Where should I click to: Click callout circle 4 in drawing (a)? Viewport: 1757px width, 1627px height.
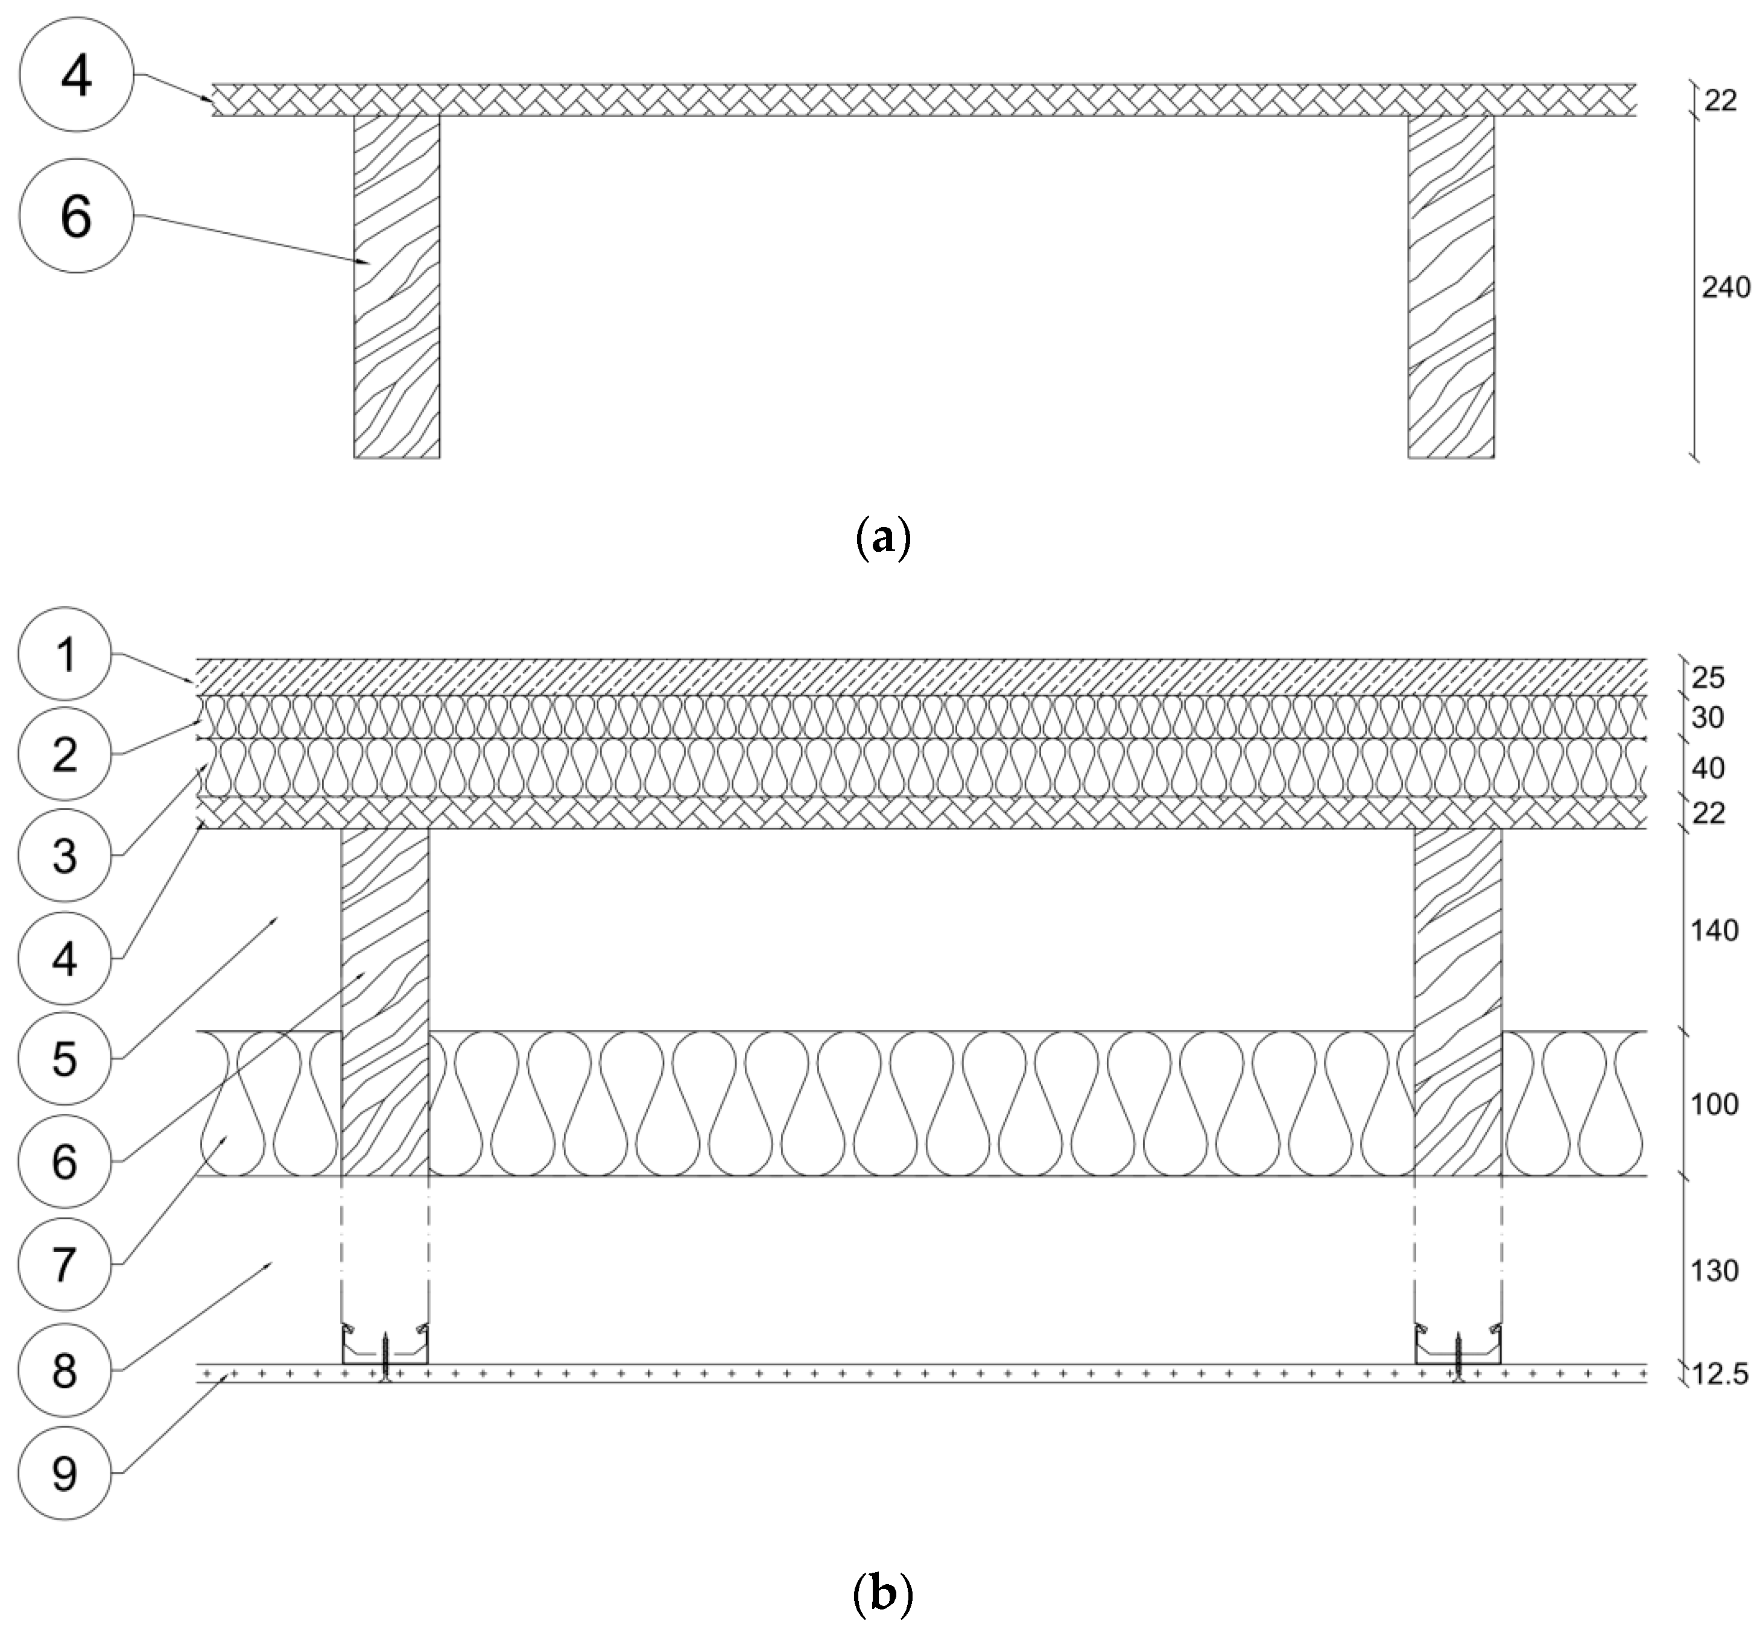(x=76, y=76)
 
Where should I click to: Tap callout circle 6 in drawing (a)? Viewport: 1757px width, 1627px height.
(x=76, y=216)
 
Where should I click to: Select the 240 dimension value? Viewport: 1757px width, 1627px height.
(x=1725, y=288)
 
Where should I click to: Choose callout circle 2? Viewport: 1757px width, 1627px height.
(x=65, y=754)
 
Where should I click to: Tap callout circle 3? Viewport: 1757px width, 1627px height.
(x=65, y=855)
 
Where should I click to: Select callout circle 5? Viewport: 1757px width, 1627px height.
(x=65, y=1058)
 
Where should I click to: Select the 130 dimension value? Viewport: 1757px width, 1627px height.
(x=1714, y=1271)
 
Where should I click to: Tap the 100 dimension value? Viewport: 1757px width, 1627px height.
(x=1714, y=1104)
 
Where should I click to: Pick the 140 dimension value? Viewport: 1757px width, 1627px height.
(x=1714, y=930)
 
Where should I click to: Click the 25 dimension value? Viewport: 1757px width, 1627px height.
(x=1707, y=678)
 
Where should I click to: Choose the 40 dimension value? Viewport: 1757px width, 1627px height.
(x=1707, y=769)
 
